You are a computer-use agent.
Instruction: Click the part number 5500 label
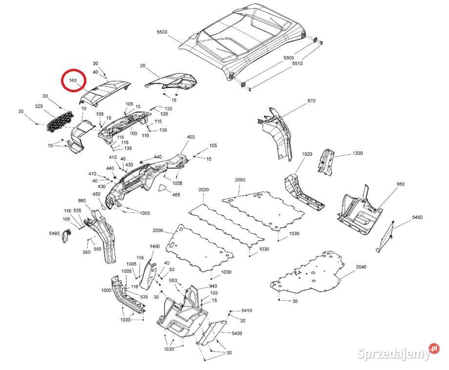point(162,32)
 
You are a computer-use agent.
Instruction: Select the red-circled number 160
point(73,81)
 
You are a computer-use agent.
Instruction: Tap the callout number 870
point(311,101)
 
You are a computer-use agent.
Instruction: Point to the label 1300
point(358,153)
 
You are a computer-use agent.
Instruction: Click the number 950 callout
point(400,184)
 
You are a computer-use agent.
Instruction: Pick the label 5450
point(417,217)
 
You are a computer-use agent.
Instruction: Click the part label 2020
point(204,189)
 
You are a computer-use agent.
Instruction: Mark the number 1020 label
point(306,154)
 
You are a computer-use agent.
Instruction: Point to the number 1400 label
point(155,247)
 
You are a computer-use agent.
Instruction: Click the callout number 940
point(213,286)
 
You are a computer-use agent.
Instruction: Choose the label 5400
point(237,333)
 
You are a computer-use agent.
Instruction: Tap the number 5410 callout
point(247,310)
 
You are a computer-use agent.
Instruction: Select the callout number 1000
point(106,290)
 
